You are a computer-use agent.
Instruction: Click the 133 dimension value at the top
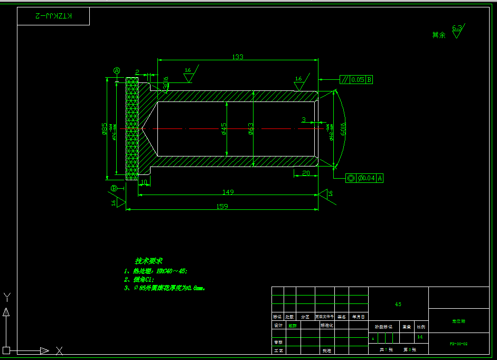[238, 57]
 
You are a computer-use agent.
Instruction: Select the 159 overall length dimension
[222, 206]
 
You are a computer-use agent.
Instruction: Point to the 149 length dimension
[228, 192]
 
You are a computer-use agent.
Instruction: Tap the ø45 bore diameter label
[224, 128]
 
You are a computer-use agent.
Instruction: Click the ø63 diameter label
[251, 128]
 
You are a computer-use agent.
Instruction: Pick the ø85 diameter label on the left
[105, 128]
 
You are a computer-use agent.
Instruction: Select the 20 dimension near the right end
[306, 173]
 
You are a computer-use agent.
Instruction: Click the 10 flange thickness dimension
[144, 182]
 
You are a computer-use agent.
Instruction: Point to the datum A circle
[117, 70]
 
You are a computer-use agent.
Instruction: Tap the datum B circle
[114, 188]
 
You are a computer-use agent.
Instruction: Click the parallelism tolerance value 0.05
[358, 80]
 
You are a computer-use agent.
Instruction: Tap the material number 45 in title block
[398, 304]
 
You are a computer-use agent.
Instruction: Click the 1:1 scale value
[420, 336]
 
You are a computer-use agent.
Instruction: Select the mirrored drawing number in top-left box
[53, 16]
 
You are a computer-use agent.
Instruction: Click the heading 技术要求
[148, 261]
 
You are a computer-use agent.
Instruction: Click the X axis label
[59, 350]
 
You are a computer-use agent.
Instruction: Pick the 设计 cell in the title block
[278, 326]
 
